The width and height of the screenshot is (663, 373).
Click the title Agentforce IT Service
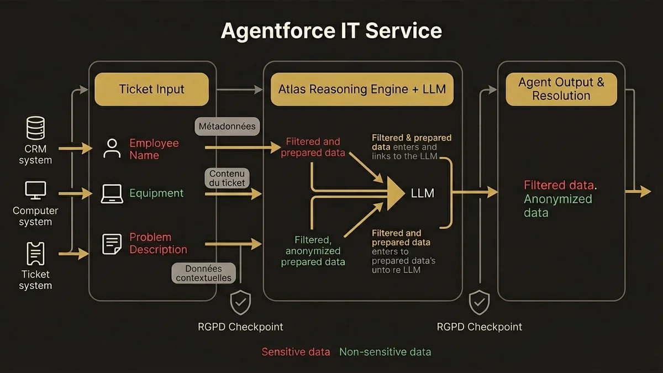331,31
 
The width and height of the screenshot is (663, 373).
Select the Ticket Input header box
151,89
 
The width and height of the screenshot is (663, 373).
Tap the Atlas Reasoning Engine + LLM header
362,89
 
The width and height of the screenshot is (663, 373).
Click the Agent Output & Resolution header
561,89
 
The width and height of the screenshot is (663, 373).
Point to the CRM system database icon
35,128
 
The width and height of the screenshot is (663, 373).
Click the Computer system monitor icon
35,191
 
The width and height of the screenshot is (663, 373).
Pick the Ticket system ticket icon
35,254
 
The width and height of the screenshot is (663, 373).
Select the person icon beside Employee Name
112,149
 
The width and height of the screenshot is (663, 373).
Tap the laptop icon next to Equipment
112,193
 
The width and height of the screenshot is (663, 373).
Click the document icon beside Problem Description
112,244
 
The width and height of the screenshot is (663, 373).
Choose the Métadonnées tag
227,126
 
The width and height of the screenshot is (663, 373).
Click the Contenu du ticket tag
227,178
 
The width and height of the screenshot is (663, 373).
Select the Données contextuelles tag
204,273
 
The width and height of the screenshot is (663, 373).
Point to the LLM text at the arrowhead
422,193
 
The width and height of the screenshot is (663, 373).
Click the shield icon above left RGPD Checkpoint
240,303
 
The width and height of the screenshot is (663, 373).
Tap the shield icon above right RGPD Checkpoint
479,303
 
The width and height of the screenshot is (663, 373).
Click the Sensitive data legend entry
296,352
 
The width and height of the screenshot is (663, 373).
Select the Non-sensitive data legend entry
385,352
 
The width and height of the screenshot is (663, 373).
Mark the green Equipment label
156,193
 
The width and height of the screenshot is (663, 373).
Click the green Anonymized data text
557,206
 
